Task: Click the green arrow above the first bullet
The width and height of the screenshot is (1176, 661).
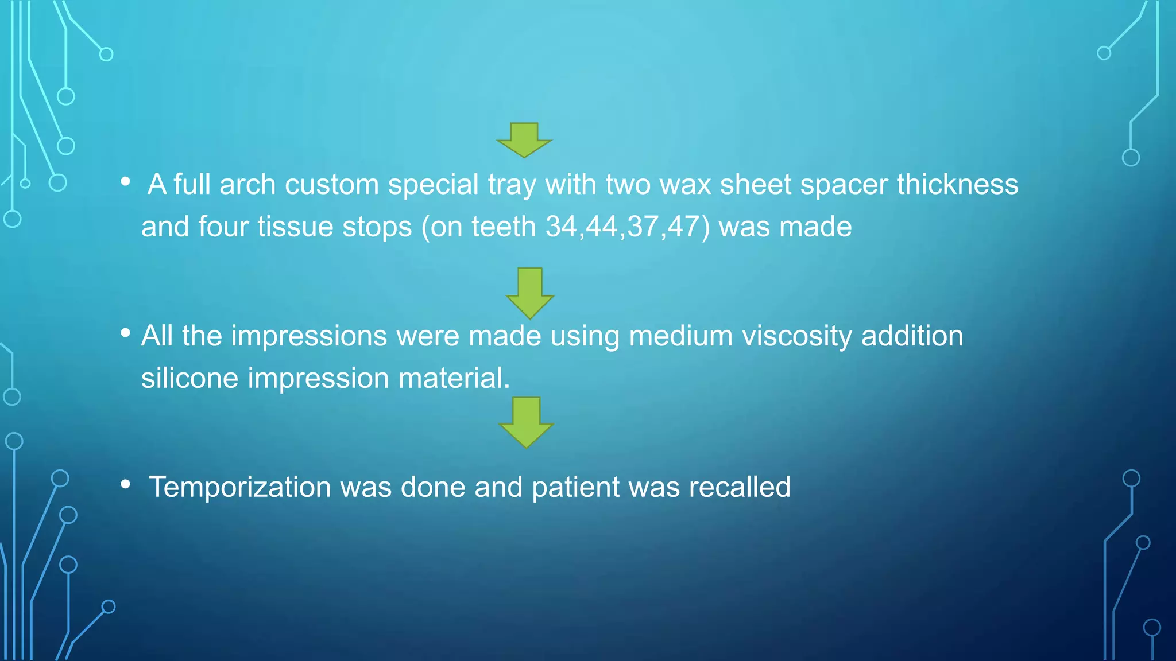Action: [x=524, y=139]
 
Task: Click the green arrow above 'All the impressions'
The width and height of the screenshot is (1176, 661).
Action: [x=529, y=292]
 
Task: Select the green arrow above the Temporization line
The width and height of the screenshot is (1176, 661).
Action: [x=526, y=422]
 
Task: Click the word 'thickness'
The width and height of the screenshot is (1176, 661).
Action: [x=957, y=185]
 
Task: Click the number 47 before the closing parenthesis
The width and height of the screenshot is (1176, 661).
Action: [x=683, y=227]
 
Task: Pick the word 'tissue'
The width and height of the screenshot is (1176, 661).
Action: [x=295, y=227]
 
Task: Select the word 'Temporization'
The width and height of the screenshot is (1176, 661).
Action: [x=240, y=488]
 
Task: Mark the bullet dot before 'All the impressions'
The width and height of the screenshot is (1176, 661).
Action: [x=126, y=333]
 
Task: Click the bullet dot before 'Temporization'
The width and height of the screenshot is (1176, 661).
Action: [x=126, y=484]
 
